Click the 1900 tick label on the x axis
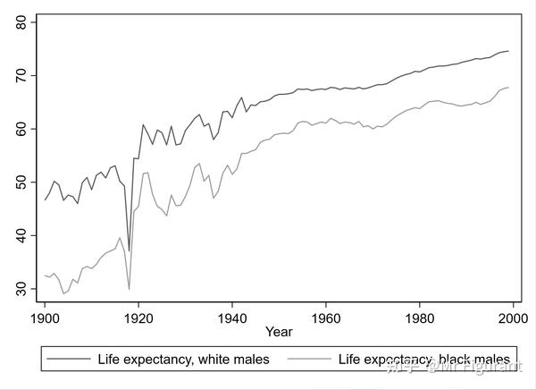click(x=45, y=318)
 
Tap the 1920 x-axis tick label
click(x=138, y=318)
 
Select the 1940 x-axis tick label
click(x=232, y=318)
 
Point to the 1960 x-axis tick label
click(x=325, y=318)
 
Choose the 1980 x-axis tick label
click(x=419, y=318)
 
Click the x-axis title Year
click(x=278, y=333)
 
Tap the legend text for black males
click(x=424, y=360)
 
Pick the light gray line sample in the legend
click(x=307, y=360)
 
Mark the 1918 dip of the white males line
click(x=129, y=250)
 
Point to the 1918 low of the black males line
click(x=129, y=289)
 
